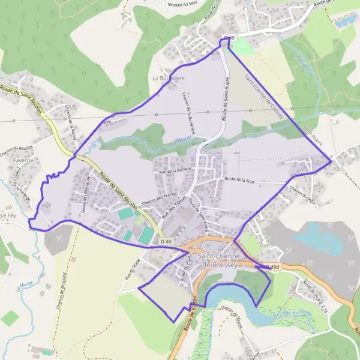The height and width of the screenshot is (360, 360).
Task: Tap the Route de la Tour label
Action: tap(239, 179)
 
